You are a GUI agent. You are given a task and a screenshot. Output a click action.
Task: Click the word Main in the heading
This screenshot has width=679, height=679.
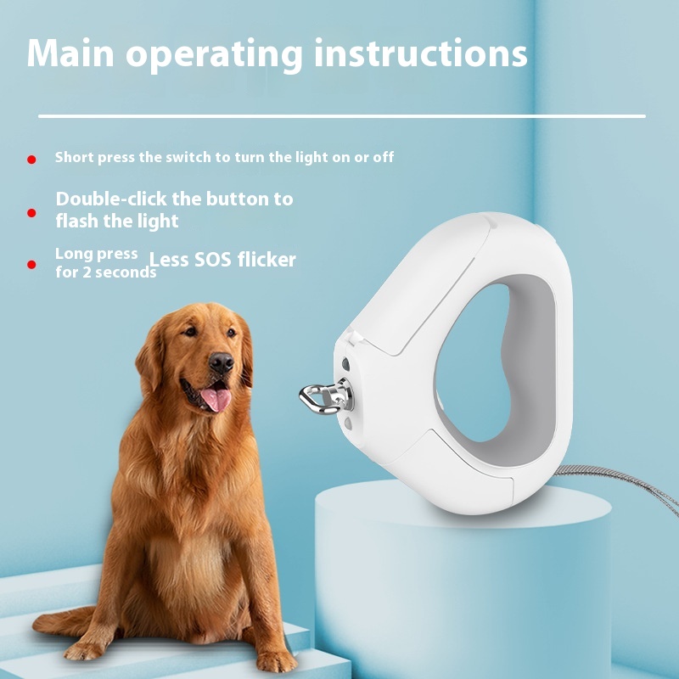70,53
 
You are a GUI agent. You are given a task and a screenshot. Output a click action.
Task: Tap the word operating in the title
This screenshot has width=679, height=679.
215,55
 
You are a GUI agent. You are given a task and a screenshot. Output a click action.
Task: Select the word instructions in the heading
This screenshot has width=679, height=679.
421,53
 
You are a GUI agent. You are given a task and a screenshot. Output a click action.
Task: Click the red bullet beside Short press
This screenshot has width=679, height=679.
31,160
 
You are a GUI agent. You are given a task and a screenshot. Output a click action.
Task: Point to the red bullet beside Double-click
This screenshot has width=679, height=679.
31,213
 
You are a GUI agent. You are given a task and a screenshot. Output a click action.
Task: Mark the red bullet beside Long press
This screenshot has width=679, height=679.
31,264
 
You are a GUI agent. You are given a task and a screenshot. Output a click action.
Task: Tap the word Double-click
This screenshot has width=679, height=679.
111,199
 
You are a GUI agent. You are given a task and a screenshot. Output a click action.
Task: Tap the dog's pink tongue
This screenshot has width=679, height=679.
216,399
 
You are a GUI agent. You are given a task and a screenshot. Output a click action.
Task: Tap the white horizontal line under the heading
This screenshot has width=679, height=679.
342,116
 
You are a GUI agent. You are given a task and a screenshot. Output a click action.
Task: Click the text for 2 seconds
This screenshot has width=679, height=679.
106,272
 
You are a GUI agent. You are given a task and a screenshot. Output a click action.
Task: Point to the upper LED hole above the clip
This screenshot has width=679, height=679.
345,364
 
